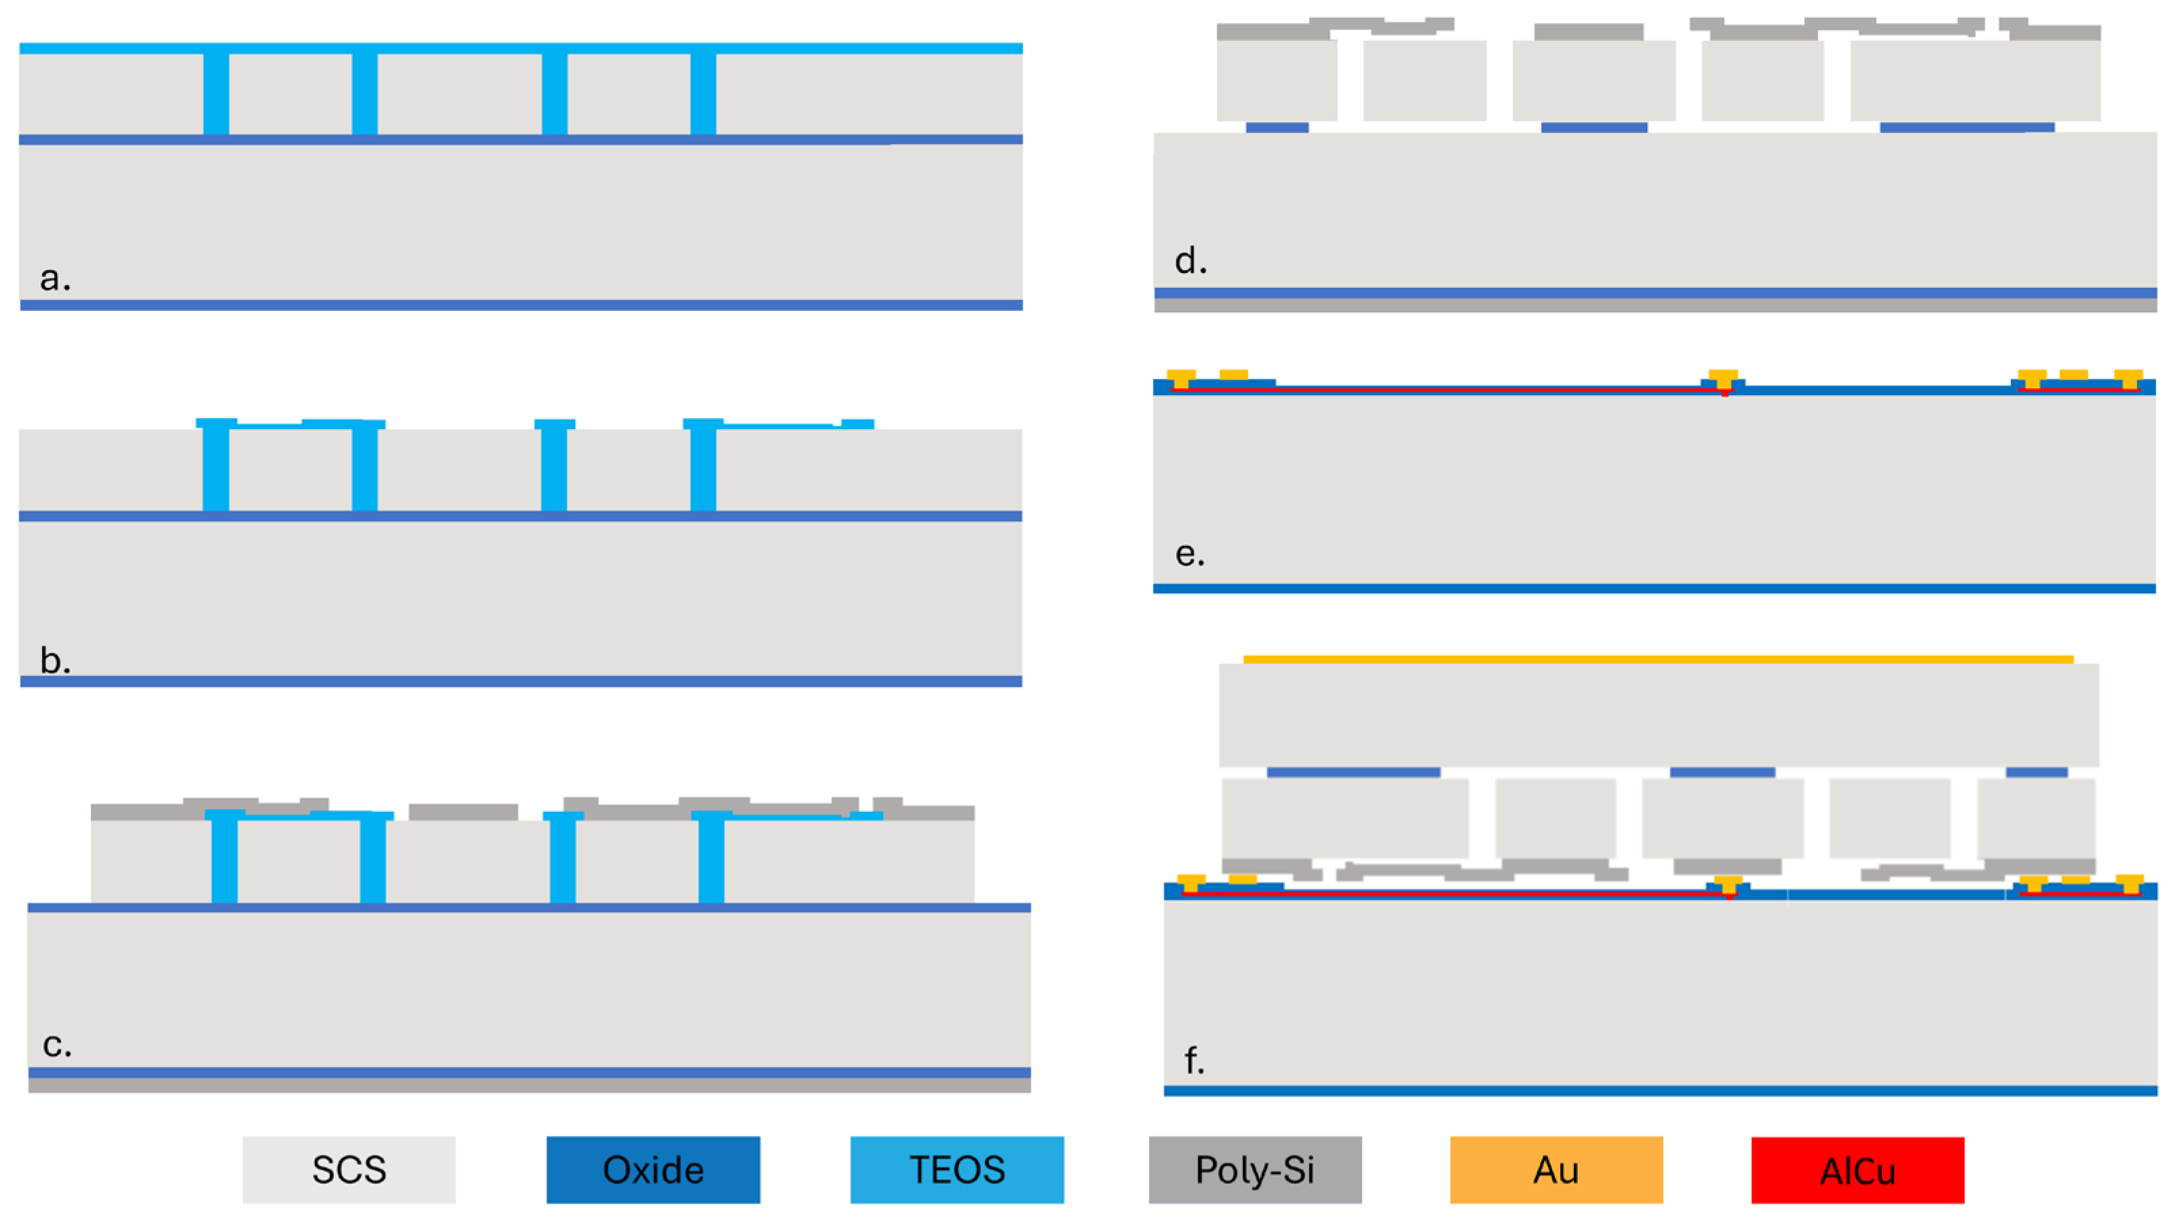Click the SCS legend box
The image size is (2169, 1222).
pyautogui.click(x=349, y=1169)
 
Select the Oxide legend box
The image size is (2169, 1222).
pyautogui.click(x=653, y=1169)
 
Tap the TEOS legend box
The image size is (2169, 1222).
pyautogui.click(x=956, y=1169)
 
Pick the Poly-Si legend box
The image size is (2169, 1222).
pyautogui.click(x=1255, y=1169)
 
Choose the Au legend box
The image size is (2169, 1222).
pyautogui.click(x=1556, y=1169)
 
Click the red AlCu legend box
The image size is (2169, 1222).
pyautogui.click(x=1857, y=1170)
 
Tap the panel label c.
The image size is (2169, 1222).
pyautogui.click(x=56, y=1044)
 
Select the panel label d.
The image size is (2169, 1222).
pyautogui.click(x=1190, y=261)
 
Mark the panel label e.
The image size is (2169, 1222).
pyautogui.click(x=1189, y=553)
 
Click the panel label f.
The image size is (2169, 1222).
pyautogui.click(x=1193, y=1060)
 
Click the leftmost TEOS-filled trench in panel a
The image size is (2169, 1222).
pyautogui.click(x=216, y=92)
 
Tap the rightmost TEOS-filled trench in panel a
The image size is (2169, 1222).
pyautogui.click(x=703, y=92)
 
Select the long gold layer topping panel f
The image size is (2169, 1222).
pyautogui.click(x=1658, y=659)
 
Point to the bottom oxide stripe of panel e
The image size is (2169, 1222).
pyautogui.click(x=1654, y=588)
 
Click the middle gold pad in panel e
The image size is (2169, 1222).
pyautogui.click(x=1722, y=377)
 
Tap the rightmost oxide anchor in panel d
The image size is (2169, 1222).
pyautogui.click(x=1966, y=127)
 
